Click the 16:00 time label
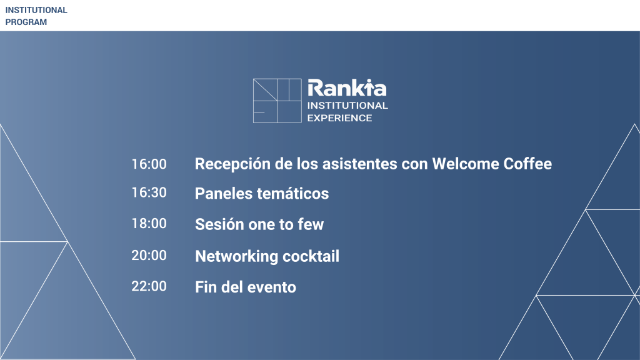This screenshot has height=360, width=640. click(x=149, y=164)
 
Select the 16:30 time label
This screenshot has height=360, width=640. click(x=149, y=192)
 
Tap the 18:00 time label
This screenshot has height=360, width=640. click(x=149, y=223)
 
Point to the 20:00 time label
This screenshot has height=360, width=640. click(x=149, y=255)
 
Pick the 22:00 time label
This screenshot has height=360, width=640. click(x=149, y=286)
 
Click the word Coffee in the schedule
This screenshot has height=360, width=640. click(x=527, y=164)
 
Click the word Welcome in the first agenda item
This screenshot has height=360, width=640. click(x=465, y=164)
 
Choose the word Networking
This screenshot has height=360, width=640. click(x=236, y=257)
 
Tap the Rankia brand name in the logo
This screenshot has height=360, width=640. click(x=347, y=87)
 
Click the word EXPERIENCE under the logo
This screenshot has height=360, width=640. click(x=339, y=118)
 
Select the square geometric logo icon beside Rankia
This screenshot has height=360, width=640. click(x=277, y=101)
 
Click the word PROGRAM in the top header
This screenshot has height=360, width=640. click(x=26, y=22)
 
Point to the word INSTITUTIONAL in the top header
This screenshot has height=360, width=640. click(x=36, y=10)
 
